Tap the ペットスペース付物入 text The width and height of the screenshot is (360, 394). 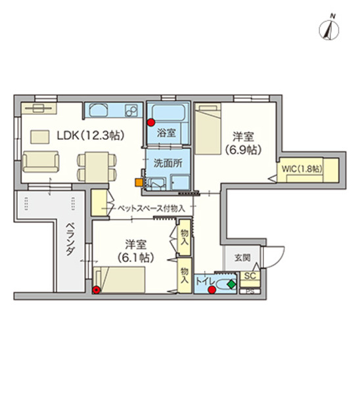click(150, 208)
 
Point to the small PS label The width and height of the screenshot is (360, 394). click(250, 291)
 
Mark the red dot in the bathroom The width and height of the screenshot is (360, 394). click(151, 122)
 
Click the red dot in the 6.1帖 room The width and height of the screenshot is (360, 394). click(97, 289)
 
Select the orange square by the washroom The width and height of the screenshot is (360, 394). click(138, 183)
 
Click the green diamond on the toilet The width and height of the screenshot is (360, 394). click(231, 284)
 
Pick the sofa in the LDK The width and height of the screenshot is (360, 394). click(41, 160)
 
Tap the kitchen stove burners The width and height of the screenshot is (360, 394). click(133, 109)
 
